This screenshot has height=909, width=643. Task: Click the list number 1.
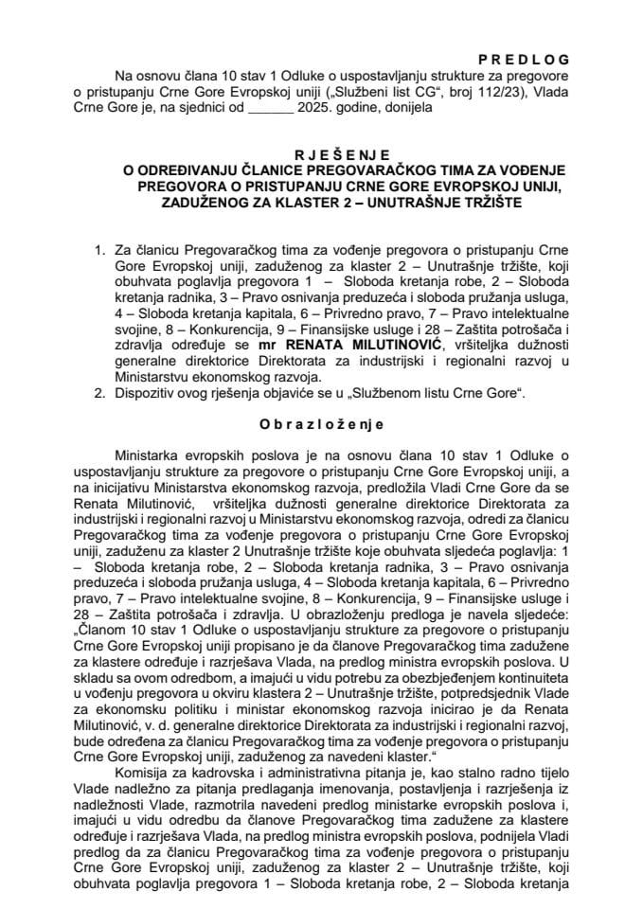[98, 250]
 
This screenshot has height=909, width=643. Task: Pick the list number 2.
[98, 392]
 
